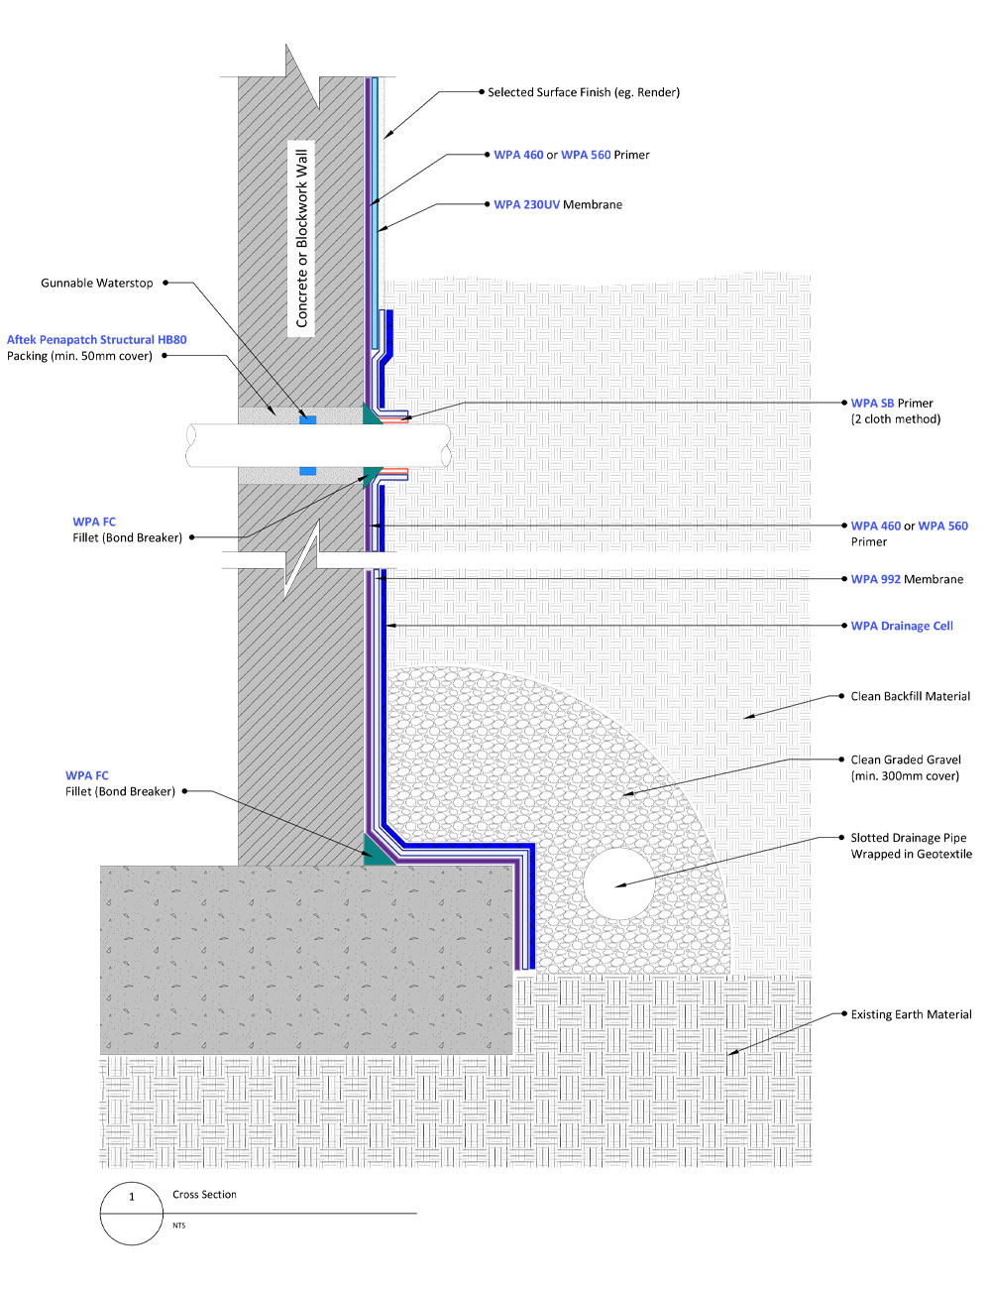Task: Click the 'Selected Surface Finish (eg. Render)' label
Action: [584, 92]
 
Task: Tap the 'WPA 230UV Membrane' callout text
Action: [558, 204]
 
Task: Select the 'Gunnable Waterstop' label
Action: [96, 283]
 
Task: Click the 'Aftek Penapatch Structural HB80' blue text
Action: [96, 340]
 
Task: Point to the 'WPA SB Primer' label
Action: [892, 404]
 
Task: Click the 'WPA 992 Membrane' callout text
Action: [907, 579]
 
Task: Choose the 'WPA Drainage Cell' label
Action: [902, 626]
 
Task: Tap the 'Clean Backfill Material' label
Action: [911, 696]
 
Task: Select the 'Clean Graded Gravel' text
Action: [906, 760]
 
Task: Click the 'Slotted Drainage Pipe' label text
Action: [909, 838]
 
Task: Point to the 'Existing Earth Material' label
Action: [911, 1014]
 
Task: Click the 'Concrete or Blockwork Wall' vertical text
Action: [301, 238]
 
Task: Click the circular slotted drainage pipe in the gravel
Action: [618, 883]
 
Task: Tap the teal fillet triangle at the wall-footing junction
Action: [376, 851]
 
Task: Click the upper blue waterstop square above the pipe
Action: [307, 420]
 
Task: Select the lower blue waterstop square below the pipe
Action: [307, 471]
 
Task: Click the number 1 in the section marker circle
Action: [132, 1197]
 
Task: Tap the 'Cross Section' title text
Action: [204, 1195]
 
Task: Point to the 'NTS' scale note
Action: [179, 1226]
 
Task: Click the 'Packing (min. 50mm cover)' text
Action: [79, 356]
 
